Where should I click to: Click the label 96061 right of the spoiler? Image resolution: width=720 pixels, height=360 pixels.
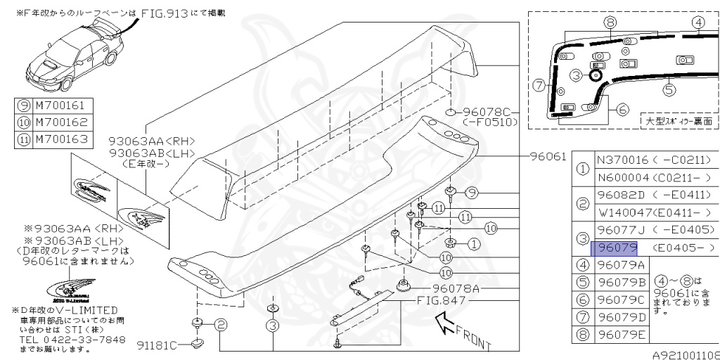click(x=548, y=156)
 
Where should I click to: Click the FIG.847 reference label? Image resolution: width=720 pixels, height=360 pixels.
click(x=443, y=301)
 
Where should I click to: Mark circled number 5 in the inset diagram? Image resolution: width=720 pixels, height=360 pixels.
click(x=669, y=89)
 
